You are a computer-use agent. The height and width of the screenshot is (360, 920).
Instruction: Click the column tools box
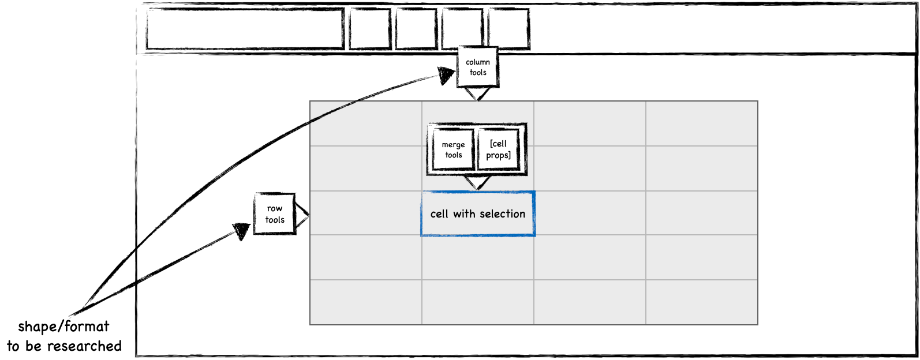pyautogui.click(x=477, y=67)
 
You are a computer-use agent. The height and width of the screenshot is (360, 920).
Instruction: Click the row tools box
pyautogui.click(x=275, y=214)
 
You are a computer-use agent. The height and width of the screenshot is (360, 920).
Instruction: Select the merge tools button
pyautogui.click(x=453, y=149)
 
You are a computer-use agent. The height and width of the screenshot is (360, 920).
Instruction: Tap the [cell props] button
pyautogui.click(x=499, y=149)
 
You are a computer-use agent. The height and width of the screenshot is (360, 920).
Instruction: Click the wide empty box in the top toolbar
pyautogui.click(x=245, y=29)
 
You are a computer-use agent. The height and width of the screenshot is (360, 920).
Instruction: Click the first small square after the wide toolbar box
pyautogui.click(x=370, y=29)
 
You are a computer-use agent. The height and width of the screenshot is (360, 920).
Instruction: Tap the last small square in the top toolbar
pyautogui.click(x=508, y=29)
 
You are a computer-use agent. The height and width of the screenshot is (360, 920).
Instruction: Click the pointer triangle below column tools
pyautogui.click(x=477, y=93)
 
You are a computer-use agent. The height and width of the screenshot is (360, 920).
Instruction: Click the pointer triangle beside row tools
pyautogui.click(x=302, y=215)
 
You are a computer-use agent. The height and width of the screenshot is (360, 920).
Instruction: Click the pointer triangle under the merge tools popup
pyautogui.click(x=477, y=182)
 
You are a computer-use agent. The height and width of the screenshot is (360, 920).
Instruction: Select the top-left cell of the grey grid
pyautogui.click(x=366, y=123)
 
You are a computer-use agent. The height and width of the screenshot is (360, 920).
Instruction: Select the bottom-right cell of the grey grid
pyautogui.click(x=701, y=302)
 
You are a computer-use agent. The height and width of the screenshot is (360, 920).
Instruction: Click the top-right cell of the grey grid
pyautogui.click(x=701, y=123)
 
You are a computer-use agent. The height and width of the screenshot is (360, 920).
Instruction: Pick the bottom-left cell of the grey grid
pyautogui.click(x=366, y=302)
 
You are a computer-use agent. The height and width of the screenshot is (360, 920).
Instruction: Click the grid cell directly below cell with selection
pyautogui.click(x=478, y=257)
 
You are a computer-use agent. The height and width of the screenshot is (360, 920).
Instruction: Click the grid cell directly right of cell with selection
pyautogui.click(x=589, y=213)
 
